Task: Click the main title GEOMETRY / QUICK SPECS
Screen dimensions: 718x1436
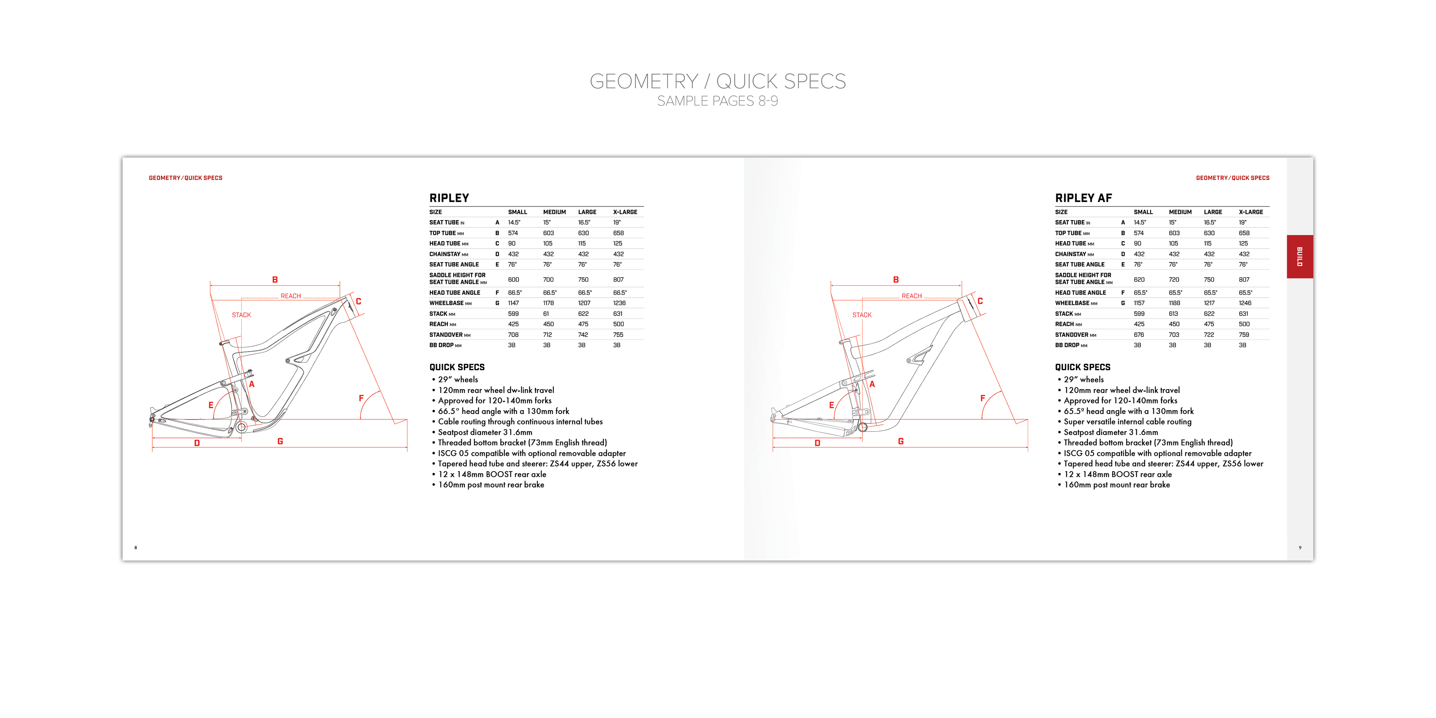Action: (x=718, y=82)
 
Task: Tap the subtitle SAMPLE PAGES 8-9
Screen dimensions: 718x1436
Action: (x=718, y=101)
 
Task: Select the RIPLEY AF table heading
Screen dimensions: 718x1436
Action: (x=1083, y=198)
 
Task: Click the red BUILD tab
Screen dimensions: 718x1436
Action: (x=1300, y=257)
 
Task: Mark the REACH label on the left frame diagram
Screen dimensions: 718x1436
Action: (x=291, y=296)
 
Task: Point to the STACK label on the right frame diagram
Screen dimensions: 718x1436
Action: (x=862, y=315)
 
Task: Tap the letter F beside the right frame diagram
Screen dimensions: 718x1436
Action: (x=982, y=398)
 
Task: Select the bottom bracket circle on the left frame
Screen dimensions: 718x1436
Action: (x=241, y=427)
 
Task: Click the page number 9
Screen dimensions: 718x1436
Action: (x=1300, y=548)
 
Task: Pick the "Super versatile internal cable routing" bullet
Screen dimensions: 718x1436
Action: (x=1127, y=422)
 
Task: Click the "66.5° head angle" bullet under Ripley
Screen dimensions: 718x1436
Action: (x=503, y=411)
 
